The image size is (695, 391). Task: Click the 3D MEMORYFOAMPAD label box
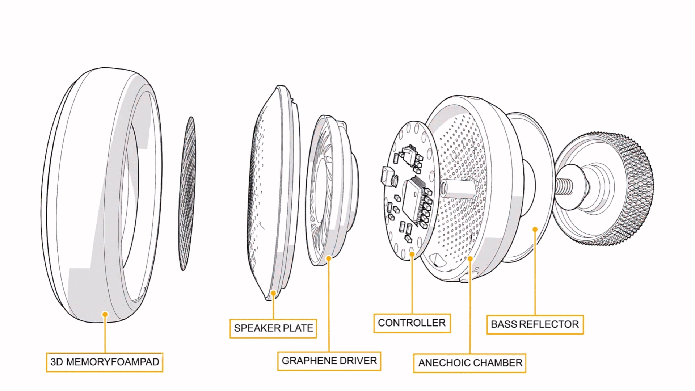pyautogui.click(x=105, y=362)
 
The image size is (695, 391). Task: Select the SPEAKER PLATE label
pyautogui.click(x=273, y=328)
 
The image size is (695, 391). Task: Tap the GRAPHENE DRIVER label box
pyautogui.click(x=329, y=361)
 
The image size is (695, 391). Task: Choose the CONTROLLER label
pyautogui.click(x=412, y=323)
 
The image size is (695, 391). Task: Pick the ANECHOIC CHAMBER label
pyautogui.click(x=470, y=363)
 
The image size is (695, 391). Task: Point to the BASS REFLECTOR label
pyautogui.click(x=535, y=324)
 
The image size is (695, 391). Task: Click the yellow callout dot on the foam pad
pyautogui.click(x=105, y=314)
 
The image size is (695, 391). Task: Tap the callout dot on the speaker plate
pyautogui.click(x=273, y=293)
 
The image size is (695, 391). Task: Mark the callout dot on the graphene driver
pyautogui.click(x=329, y=258)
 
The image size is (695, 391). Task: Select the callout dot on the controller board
pyautogui.click(x=412, y=254)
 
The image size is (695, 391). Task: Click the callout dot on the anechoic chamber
pyautogui.click(x=470, y=258)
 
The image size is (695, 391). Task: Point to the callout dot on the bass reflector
pyautogui.click(x=535, y=229)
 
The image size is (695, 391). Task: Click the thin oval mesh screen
pyautogui.click(x=187, y=194)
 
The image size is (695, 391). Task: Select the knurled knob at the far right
pyautogui.click(x=623, y=188)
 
